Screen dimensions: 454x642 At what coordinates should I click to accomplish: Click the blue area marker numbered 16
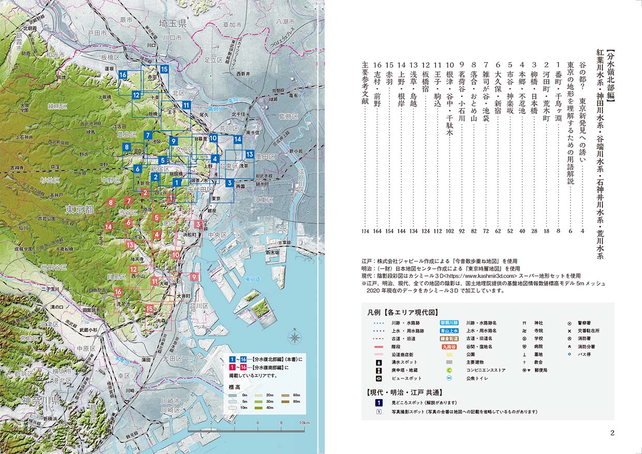coord(123,75)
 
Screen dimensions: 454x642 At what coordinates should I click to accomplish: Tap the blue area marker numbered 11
coord(186,106)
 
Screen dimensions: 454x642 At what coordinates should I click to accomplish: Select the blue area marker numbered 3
coord(229,182)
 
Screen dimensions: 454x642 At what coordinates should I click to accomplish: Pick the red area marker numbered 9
coord(194,277)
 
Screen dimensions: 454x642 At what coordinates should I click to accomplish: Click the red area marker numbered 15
coord(149,309)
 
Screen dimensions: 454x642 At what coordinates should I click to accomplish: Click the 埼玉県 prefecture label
coord(172,24)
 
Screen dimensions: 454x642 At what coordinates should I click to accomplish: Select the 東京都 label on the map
coord(79,210)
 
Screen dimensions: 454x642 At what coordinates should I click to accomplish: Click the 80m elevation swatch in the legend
coord(284,401)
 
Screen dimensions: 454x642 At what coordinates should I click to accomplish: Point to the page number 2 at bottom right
coord(611,433)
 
